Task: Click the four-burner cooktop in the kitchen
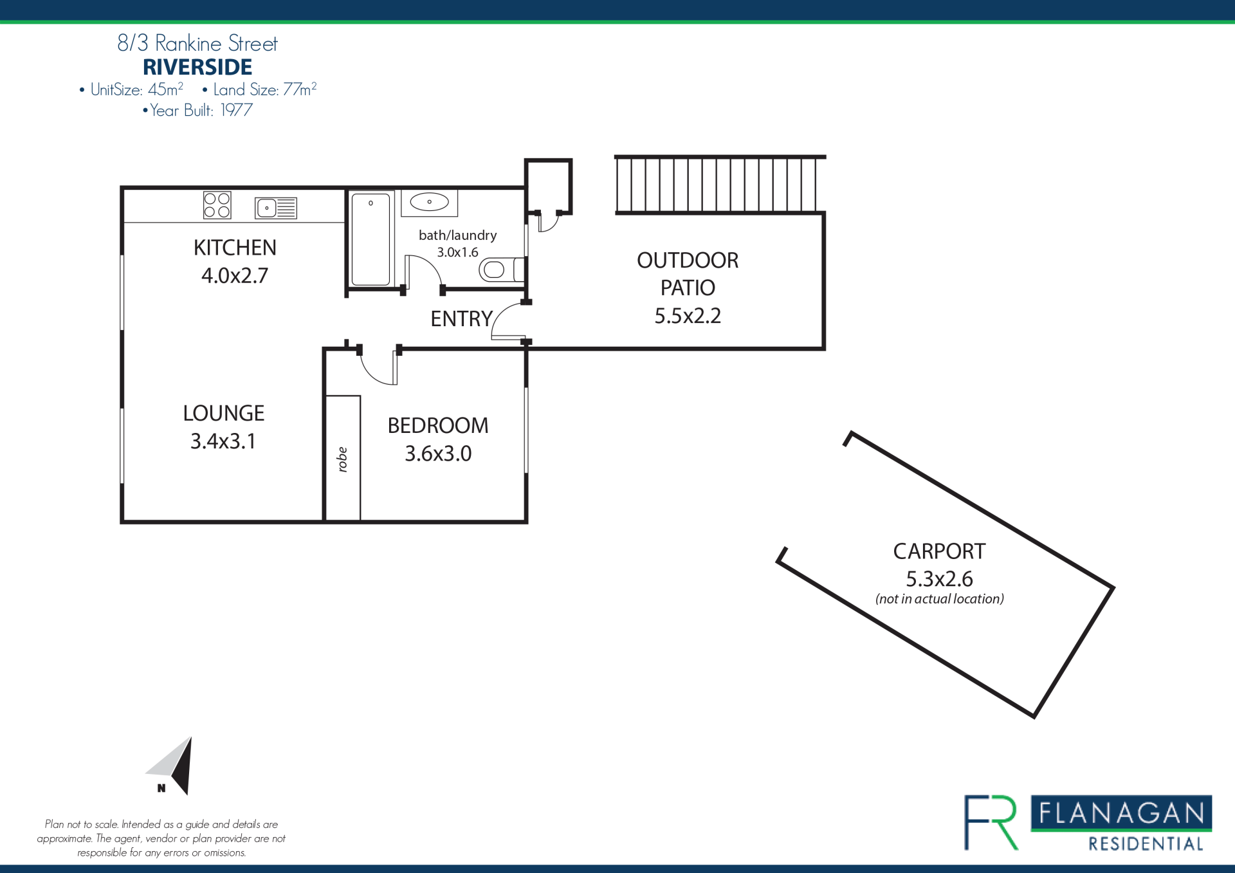217,205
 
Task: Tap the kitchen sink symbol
276,208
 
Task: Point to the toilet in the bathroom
502,270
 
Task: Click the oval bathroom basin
429,202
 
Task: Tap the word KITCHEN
235,248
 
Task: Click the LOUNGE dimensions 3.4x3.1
223,441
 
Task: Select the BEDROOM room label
438,425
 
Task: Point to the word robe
342,459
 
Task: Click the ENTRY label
461,318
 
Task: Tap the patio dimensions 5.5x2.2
688,316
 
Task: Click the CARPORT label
939,551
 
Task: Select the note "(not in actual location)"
940,599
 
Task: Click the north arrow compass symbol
171,766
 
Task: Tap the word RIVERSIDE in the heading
197,67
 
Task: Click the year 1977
236,110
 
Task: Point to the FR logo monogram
991,823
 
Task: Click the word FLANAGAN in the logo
1121,813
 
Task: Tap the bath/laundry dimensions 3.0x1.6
457,252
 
